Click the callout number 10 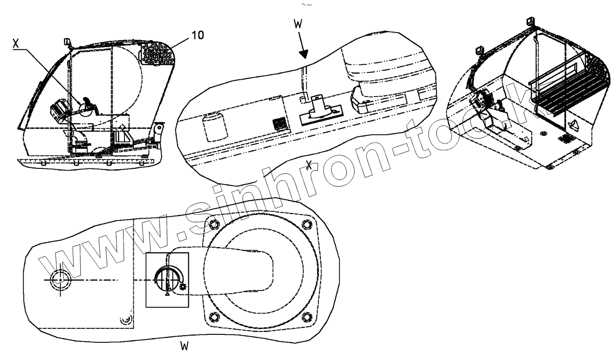pos(198,35)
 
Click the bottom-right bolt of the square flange pos(306,317)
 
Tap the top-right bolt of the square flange pos(306,223)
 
